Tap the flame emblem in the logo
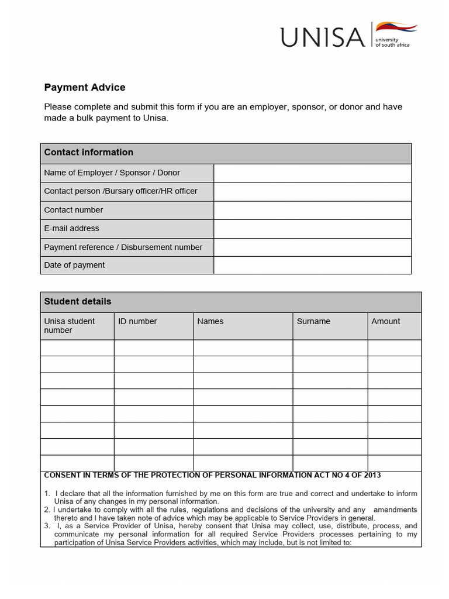tap(396, 27)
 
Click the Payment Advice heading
tap(85, 88)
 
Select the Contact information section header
tap(89, 152)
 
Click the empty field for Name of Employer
tap(312, 173)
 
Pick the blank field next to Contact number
tap(312, 210)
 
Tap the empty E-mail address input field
tap(312, 229)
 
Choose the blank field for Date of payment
tap(312, 265)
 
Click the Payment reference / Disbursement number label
tap(123, 247)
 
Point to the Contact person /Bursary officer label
tap(120, 191)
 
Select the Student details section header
tap(78, 302)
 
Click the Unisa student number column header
tap(69, 326)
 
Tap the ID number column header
tap(137, 321)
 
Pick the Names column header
tap(210, 321)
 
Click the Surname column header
tap(313, 321)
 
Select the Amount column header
tap(386, 321)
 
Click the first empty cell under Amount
tap(394, 348)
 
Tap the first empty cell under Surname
tap(330, 348)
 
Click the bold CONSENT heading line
tap(213, 475)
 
